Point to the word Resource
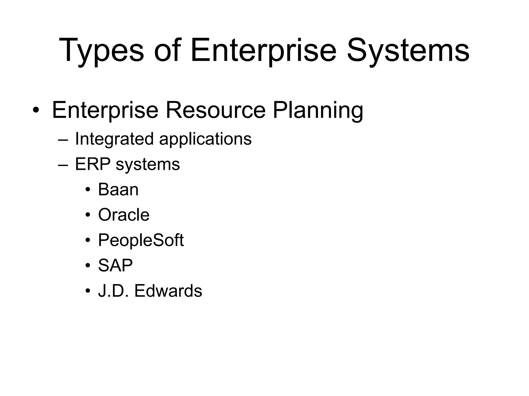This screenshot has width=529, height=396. point(215,110)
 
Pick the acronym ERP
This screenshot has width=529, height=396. point(93,164)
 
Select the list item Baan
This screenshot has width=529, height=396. point(118,189)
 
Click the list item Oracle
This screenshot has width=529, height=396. point(124,215)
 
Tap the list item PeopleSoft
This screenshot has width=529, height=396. point(141,240)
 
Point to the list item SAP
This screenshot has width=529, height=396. point(115,265)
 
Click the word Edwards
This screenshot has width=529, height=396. point(168,291)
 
